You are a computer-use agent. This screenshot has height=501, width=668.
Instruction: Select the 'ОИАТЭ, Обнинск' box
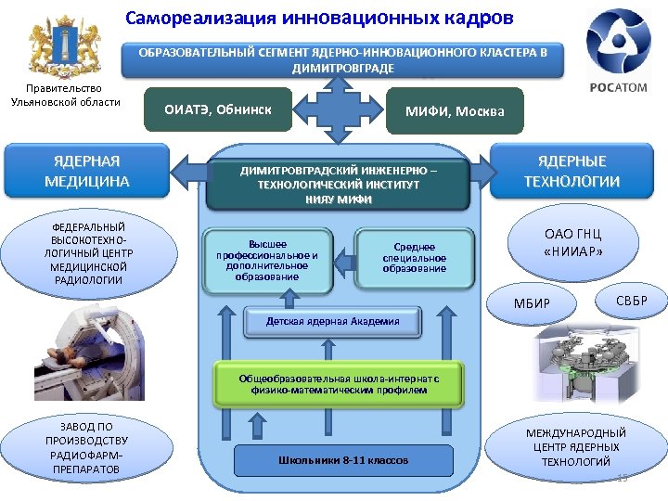coord(218,109)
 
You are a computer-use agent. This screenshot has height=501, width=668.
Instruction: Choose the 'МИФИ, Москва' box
coord(455,110)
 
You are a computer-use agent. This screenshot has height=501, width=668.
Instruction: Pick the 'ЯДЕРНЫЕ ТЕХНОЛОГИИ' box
coord(572,171)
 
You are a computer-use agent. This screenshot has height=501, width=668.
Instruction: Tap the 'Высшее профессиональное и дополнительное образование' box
coord(267,257)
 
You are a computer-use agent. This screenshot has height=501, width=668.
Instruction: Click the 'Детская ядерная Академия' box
coord(332,321)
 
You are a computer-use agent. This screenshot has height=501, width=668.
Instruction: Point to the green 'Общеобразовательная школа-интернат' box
coord(338,384)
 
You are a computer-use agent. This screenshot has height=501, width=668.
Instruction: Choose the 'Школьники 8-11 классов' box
coord(342,460)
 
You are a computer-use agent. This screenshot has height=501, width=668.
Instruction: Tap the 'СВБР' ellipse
coord(631,302)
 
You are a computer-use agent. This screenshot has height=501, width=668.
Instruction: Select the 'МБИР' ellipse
coord(533,305)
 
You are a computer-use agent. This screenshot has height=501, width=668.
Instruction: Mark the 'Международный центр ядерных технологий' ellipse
coord(576,447)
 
